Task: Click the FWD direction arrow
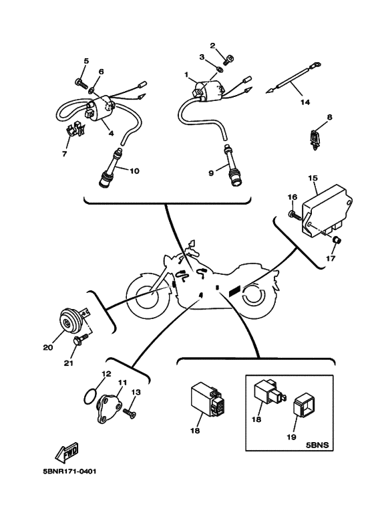click(67, 452)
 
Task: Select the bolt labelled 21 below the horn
click(80, 339)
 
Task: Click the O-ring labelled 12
click(91, 397)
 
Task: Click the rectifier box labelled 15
click(327, 213)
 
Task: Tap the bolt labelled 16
click(296, 215)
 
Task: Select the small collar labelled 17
click(337, 240)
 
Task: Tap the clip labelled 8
click(315, 140)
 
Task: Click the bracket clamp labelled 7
click(75, 128)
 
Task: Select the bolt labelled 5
click(81, 82)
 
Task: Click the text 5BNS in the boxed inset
click(317, 445)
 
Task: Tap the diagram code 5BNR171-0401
click(69, 472)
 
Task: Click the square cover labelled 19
click(304, 408)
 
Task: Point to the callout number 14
click(305, 102)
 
